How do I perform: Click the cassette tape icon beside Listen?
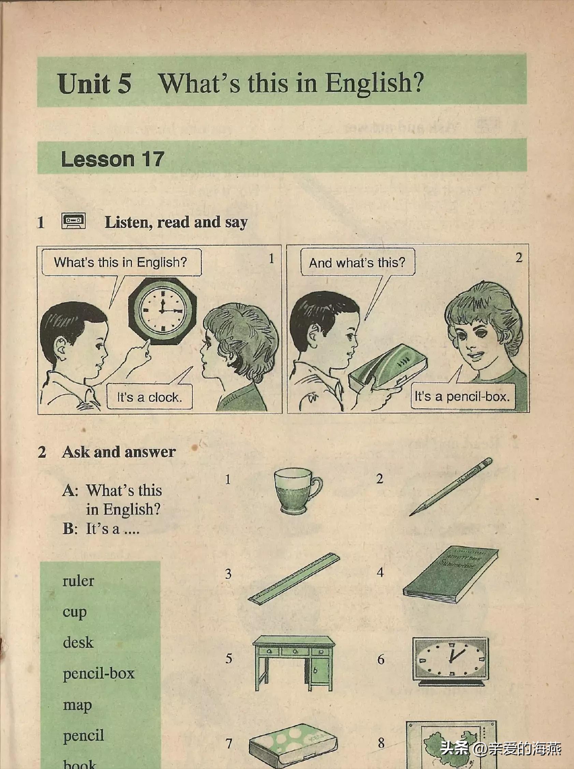tap(73, 222)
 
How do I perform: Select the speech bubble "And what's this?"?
tap(357, 262)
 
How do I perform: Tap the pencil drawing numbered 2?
tap(451, 486)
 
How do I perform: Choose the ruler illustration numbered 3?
tap(294, 579)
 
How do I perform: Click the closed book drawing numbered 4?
tap(451, 575)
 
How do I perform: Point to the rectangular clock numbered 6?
tap(450, 661)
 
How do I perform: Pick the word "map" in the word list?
tap(77, 706)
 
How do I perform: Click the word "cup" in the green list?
tap(74, 613)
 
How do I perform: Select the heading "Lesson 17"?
tap(112, 159)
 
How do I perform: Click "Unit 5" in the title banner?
tap(94, 83)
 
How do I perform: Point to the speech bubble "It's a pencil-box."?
tap(462, 396)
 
